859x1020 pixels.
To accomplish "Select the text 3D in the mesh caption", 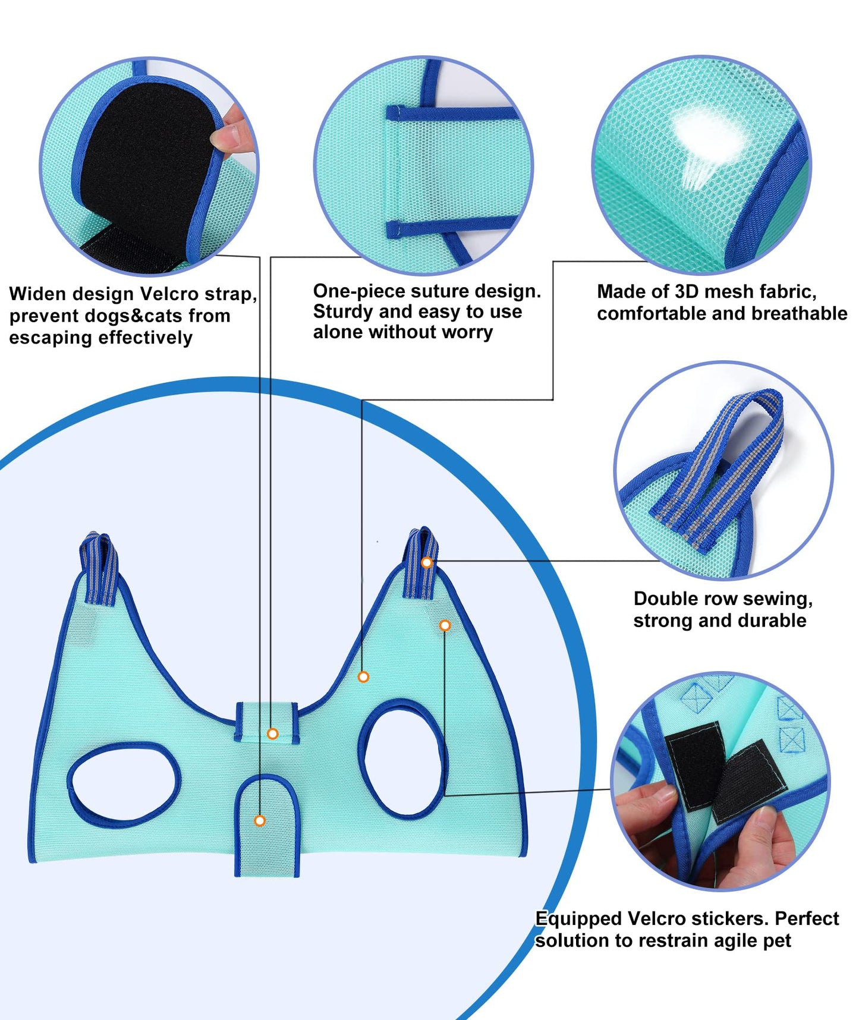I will coord(687,292).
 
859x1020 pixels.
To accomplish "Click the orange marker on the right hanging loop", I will coord(426,562).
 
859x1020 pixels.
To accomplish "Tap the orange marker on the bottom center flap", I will coord(259,821).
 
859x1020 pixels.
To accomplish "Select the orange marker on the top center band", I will coord(272,734).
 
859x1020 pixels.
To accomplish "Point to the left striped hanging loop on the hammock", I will coord(99,568).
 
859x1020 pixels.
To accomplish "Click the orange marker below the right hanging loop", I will coord(445,625).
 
